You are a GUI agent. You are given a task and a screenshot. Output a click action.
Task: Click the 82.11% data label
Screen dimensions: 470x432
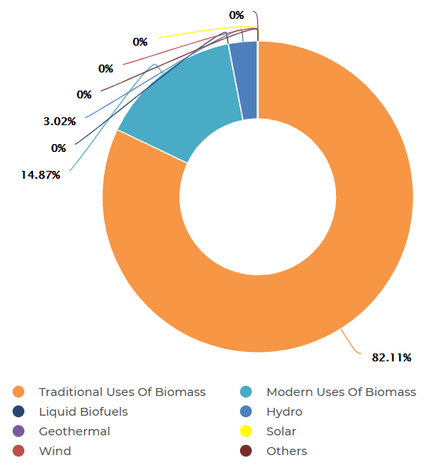[392, 357]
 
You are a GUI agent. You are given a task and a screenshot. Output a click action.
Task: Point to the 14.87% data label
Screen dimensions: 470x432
[41, 174]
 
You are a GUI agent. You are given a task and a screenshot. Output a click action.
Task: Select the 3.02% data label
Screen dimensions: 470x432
[60, 121]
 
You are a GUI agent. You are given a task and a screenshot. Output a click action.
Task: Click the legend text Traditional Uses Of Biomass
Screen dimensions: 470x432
[122, 392]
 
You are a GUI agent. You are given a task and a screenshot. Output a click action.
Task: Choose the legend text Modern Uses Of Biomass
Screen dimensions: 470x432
[341, 392]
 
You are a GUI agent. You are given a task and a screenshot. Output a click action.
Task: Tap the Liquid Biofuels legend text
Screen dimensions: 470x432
[83, 412]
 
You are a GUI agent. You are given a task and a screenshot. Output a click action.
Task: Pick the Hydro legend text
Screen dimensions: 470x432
[284, 412]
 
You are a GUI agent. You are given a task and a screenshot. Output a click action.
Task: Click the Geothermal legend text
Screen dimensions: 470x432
[75, 431]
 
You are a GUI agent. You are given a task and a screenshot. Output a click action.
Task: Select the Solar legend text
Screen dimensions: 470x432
[281, 431]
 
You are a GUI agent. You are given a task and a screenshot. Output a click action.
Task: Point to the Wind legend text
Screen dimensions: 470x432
[55, 451]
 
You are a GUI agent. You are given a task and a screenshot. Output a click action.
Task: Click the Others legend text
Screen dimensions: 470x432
[286, 451]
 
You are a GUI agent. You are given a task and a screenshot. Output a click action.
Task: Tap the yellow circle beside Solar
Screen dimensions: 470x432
[246, 431]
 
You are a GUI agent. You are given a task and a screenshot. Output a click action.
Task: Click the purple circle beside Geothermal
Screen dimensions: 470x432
[19, 431]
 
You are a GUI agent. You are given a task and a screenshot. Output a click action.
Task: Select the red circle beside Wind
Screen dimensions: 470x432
[19, 451]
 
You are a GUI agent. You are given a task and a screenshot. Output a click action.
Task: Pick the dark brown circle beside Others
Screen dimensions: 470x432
[246, 451]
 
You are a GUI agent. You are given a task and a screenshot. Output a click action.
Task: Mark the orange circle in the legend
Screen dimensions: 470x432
[19, 392]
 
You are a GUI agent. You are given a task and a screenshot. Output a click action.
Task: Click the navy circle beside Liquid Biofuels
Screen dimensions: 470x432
[19, 412]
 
